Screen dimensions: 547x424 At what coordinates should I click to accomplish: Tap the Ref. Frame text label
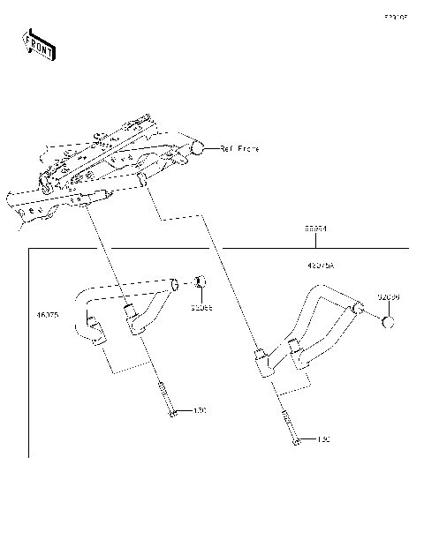click(x=239, y=149)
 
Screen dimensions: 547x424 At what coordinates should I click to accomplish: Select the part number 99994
click(x=315, y=229)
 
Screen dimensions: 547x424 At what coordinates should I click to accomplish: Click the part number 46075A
click(x=321, y=265)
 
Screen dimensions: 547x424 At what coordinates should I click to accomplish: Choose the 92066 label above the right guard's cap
click(x=389, y=297)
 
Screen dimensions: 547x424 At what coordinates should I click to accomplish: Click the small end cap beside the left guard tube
click(x=201, y=282)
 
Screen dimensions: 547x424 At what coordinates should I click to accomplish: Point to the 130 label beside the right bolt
click(x=323, y=438)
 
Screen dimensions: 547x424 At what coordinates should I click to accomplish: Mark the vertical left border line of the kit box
click(x=29, y=353)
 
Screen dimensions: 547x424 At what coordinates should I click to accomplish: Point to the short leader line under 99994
click(x=315, y=240)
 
